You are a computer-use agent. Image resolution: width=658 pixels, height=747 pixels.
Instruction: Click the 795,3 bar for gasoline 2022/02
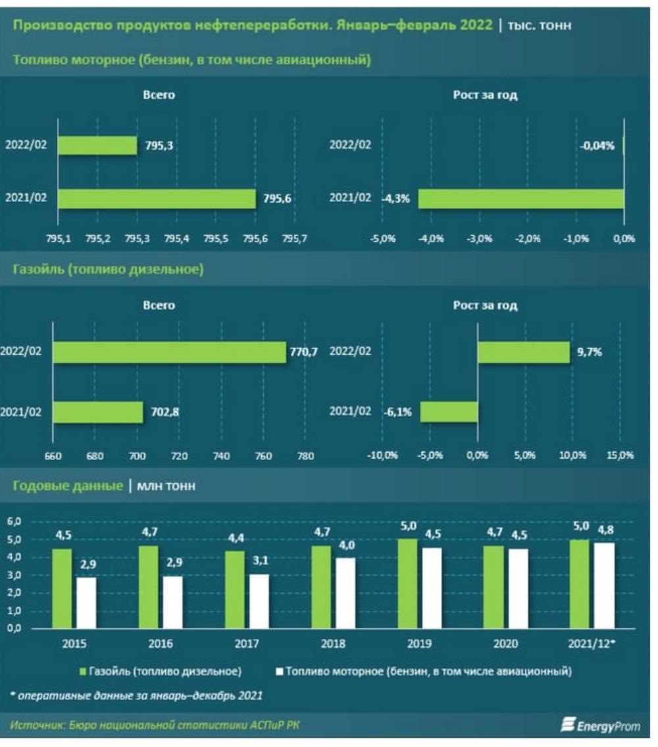(x=97, y=145)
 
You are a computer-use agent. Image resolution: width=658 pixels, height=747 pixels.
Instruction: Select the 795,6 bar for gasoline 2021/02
(x=157, y=198)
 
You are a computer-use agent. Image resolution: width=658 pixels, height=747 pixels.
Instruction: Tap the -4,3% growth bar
(x=520, y=198)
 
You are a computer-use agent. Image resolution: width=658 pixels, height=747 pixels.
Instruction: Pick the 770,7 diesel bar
(x=170, y=352)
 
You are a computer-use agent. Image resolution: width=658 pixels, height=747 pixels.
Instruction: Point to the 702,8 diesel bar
(x=98, y=413)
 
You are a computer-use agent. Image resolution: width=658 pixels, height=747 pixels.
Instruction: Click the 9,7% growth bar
(x=523, y=352)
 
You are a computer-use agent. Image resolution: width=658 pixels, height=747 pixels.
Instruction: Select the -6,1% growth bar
(x=449, y=413)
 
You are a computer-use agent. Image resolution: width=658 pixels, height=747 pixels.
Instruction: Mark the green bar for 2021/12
(x=580, y=584)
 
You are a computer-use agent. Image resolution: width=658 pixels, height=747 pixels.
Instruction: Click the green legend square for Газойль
(x=83, y=672)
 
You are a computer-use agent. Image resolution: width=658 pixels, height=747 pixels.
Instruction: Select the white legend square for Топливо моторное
(x=280, y=672)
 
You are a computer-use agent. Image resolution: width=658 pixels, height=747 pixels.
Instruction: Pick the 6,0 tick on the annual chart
(x=14, y=521)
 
